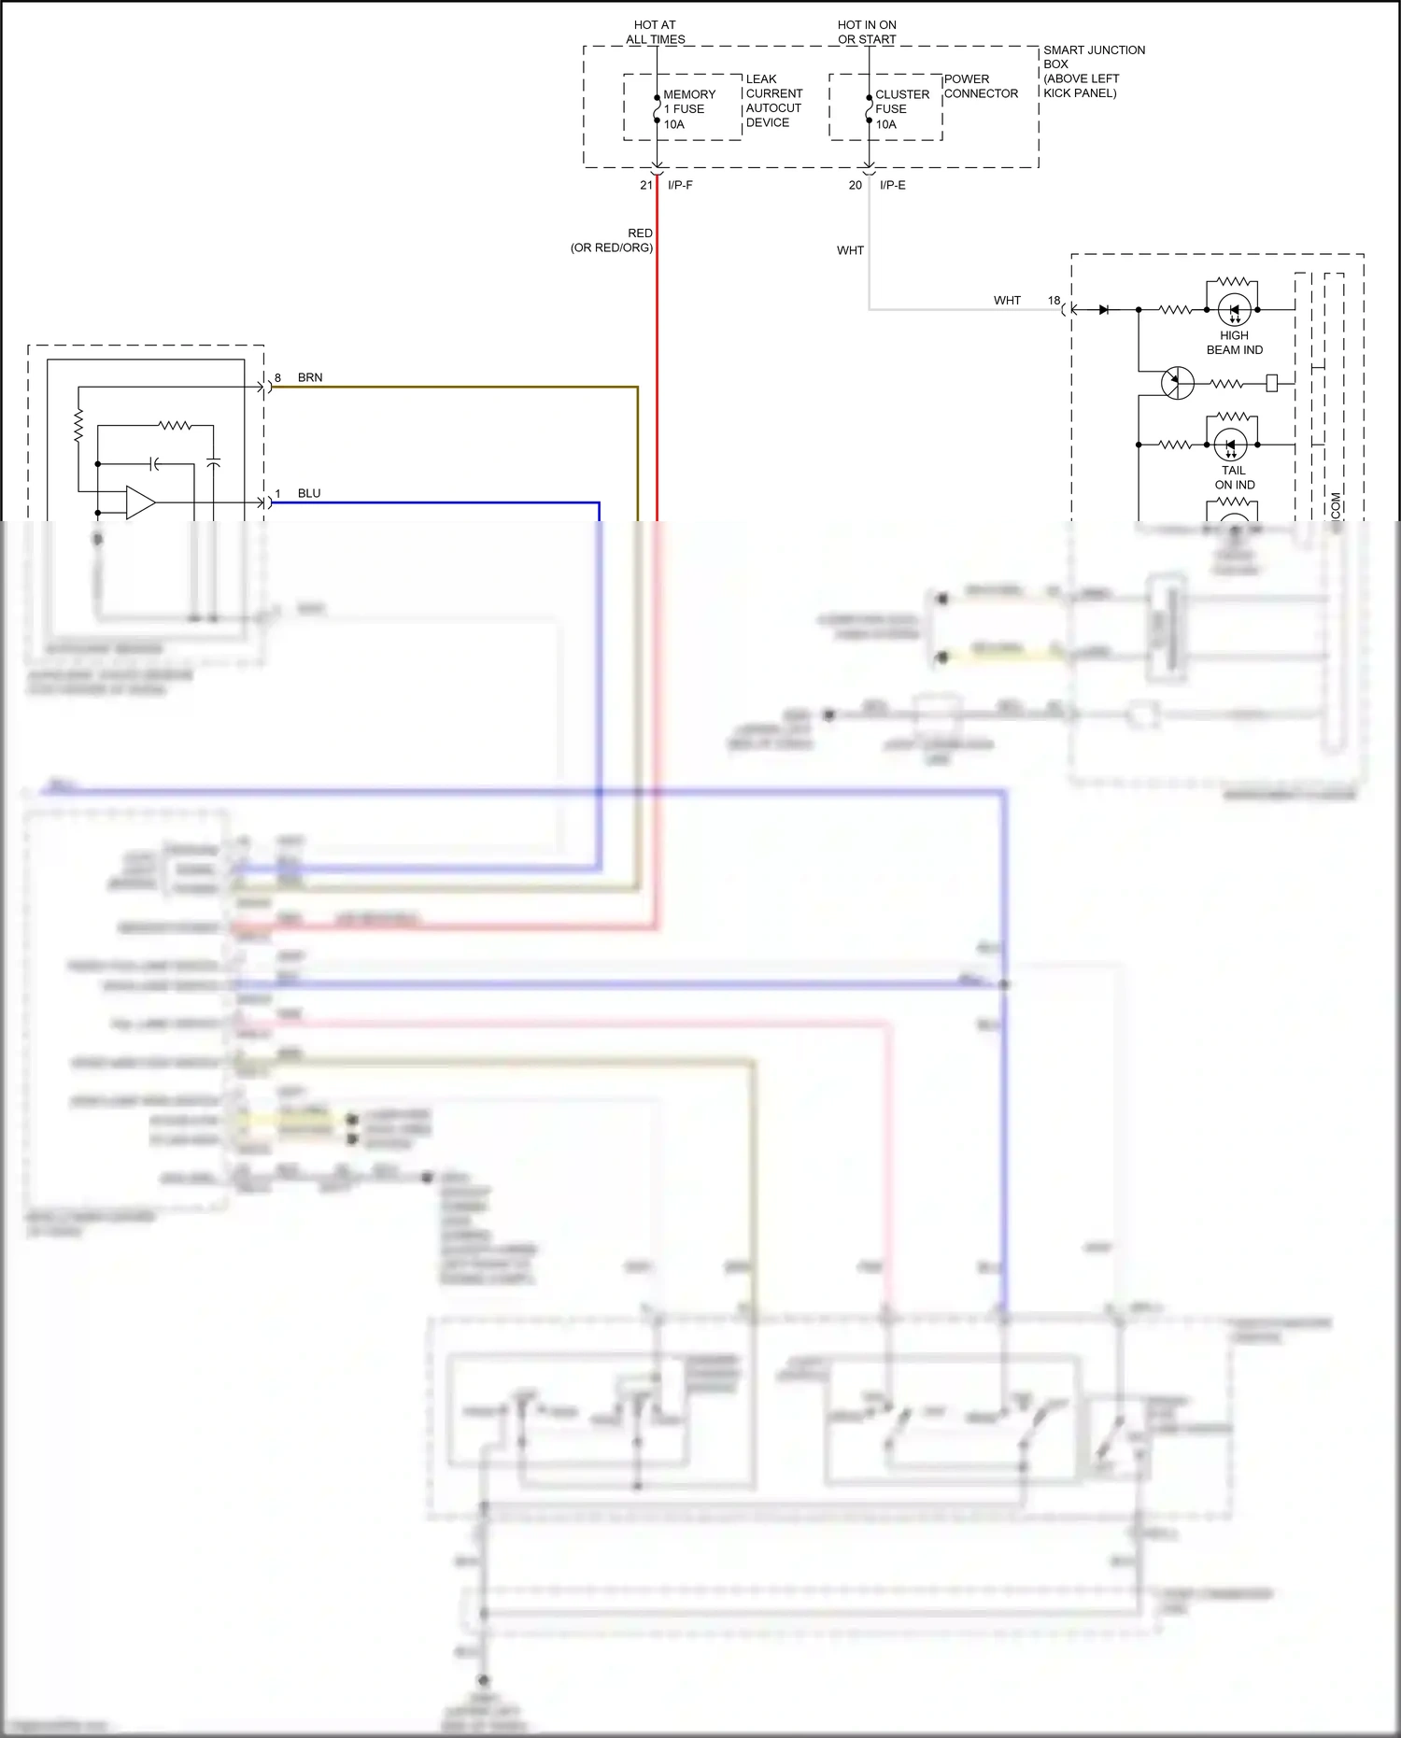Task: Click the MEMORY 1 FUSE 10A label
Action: (688, 109)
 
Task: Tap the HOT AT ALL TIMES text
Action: (655, 32)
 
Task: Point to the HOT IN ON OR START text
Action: (867, 32)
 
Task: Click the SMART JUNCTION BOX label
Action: (1093, 71)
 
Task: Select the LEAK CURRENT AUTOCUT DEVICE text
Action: (773, 101)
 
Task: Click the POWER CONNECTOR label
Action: (980, 86)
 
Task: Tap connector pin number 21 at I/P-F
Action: (645, 185)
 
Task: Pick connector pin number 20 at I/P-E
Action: (855, 185)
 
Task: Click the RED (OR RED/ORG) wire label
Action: (613, 240)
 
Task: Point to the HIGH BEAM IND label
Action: (1234, 343)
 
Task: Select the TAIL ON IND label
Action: (1234, 477)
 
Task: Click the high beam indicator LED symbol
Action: (1234, 309)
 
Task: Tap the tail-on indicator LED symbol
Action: (1230, 445)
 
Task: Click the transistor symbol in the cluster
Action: (1177, 383)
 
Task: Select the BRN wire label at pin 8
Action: (310, 377)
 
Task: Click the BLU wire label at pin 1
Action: (309, 493)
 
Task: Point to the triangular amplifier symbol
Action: (140, 502)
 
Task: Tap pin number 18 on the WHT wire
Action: (1054, 301)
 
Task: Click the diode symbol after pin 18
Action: (1104, 309)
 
